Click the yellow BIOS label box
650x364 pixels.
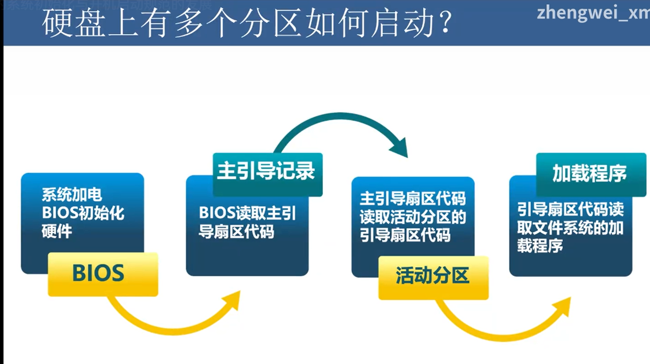click(103, 273)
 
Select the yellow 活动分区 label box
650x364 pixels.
click(433, 277)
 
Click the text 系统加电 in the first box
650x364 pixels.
click(72, 195)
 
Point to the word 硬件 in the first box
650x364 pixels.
click(57, 231)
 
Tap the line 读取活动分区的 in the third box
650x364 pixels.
click(412, 217)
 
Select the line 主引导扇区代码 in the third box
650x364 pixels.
click(412, 199)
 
